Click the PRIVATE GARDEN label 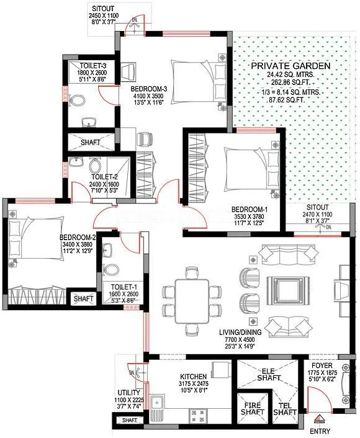290,66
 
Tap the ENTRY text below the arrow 320,431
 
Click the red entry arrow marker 318,419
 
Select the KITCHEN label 194,377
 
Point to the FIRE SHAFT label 253,408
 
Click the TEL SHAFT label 285,409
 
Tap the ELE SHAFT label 269,375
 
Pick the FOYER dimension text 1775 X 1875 322,373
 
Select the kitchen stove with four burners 198,416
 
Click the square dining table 192,301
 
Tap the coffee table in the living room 288,290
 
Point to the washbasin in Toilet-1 107,250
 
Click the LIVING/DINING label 240,333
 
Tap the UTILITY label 129,393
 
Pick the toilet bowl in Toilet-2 95,166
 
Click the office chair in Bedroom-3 145,138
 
